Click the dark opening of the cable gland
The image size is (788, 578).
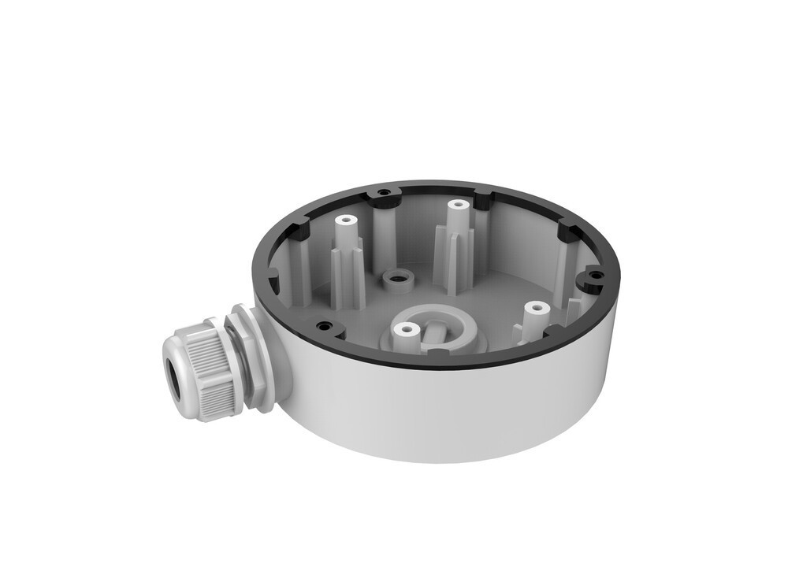(x=174, y=369)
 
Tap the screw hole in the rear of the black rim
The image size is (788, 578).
(x=384, y=192)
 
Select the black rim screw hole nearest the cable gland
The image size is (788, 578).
(x=322, y=324)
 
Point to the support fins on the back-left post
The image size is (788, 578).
(x=347, y=268)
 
